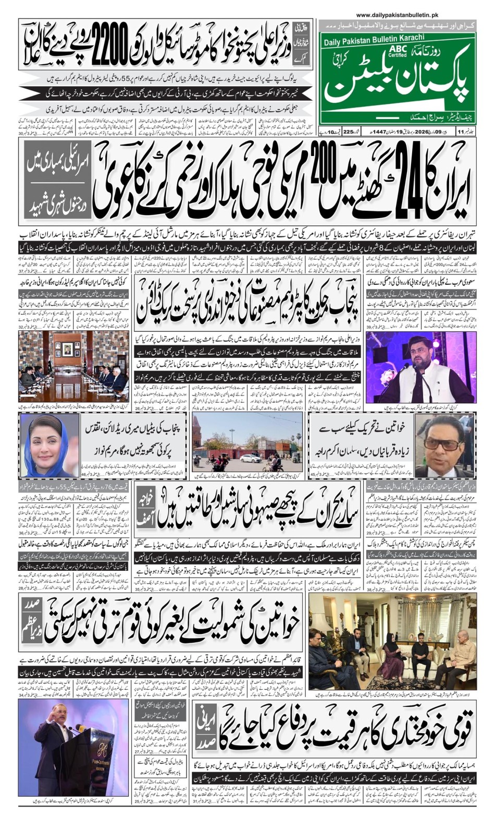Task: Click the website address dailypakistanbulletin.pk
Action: pos(398,16)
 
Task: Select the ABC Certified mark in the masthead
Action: pos(397,51)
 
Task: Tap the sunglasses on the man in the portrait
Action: pos(441,444)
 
